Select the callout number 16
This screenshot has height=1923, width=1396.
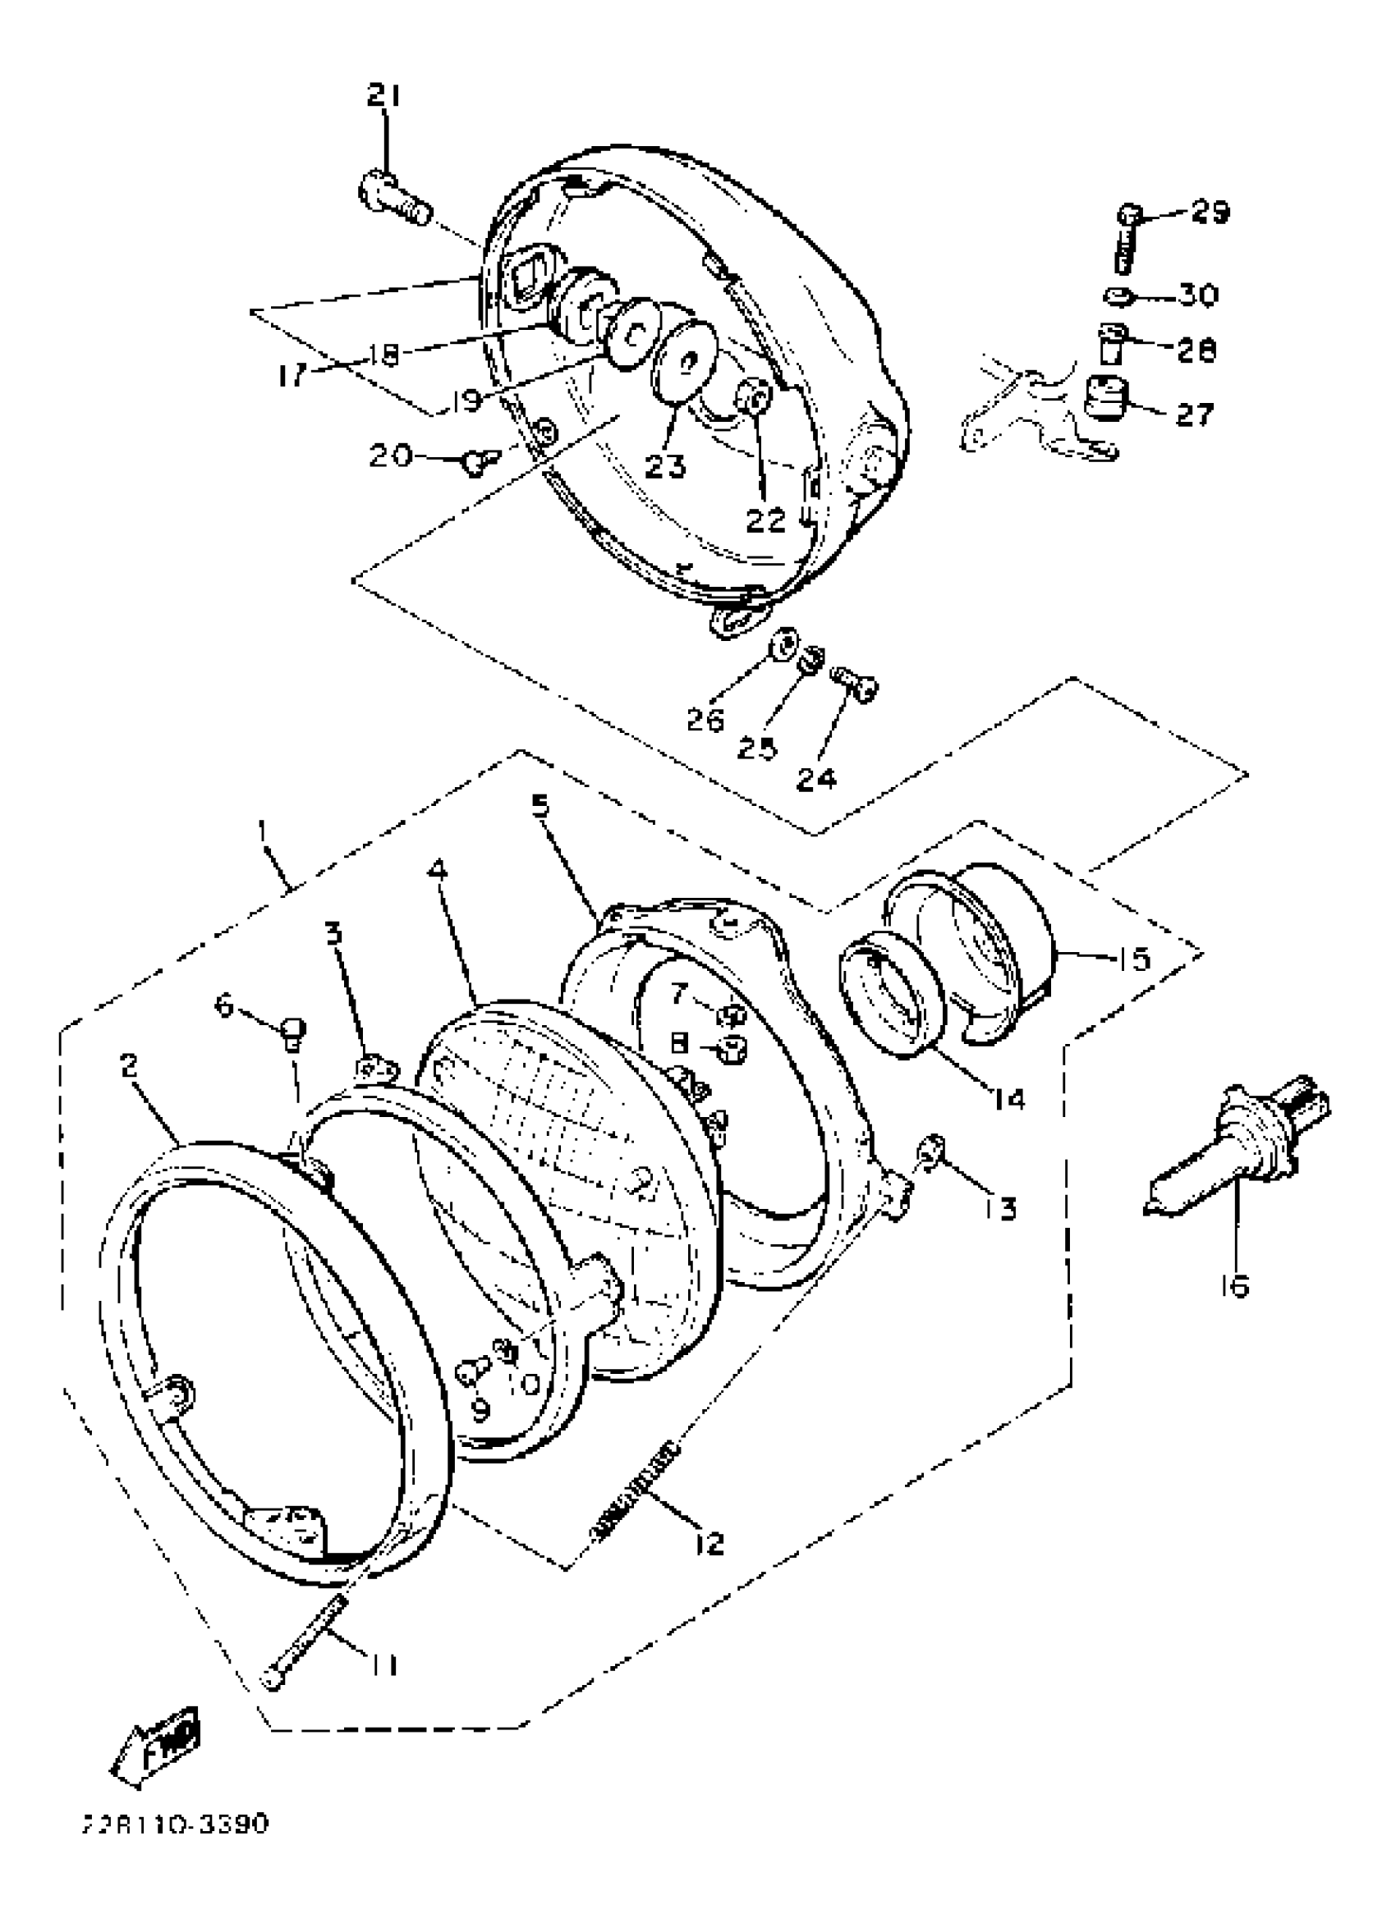point(1236,1286)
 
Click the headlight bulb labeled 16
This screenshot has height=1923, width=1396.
point(1235,1144)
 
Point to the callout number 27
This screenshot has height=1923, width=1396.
point(1193,414)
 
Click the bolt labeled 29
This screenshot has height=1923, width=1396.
point(1126,238)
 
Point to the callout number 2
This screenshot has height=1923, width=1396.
point(129,1066)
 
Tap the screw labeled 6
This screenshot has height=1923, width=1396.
point(292,1032)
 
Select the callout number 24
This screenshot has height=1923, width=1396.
point(816,777)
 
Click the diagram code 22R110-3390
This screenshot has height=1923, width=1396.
point(174,1821)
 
